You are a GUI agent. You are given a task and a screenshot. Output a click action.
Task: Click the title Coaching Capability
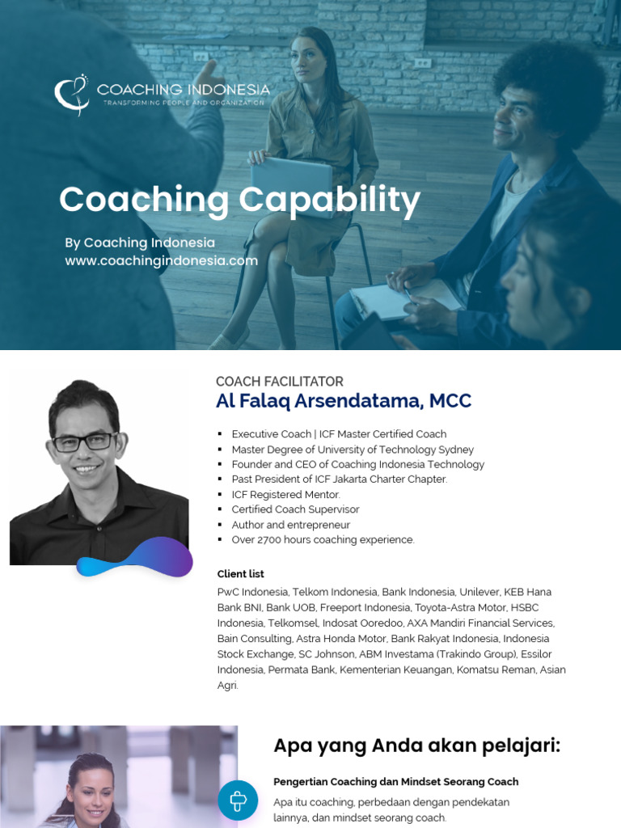(239, 200)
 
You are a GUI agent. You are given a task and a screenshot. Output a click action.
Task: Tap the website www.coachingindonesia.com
(162, 260)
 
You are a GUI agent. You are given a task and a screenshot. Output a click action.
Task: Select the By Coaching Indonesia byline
(140, 243)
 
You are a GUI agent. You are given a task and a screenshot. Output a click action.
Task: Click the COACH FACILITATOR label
(279, 382)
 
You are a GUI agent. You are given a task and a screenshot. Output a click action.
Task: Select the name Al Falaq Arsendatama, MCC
(343, 401)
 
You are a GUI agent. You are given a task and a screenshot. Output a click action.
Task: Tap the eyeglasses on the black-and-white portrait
(84, 442)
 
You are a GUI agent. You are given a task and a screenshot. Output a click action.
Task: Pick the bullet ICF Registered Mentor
(285, 494)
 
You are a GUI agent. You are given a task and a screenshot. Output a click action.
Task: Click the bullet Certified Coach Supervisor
(295, 509)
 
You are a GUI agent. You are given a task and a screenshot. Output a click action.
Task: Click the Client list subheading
(240, 574)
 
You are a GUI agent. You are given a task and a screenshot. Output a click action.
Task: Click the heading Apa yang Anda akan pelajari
(416, 745)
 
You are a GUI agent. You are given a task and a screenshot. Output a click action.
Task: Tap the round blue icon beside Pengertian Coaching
(238, 801)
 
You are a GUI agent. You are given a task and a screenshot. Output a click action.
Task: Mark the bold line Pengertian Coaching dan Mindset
(395, 782)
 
